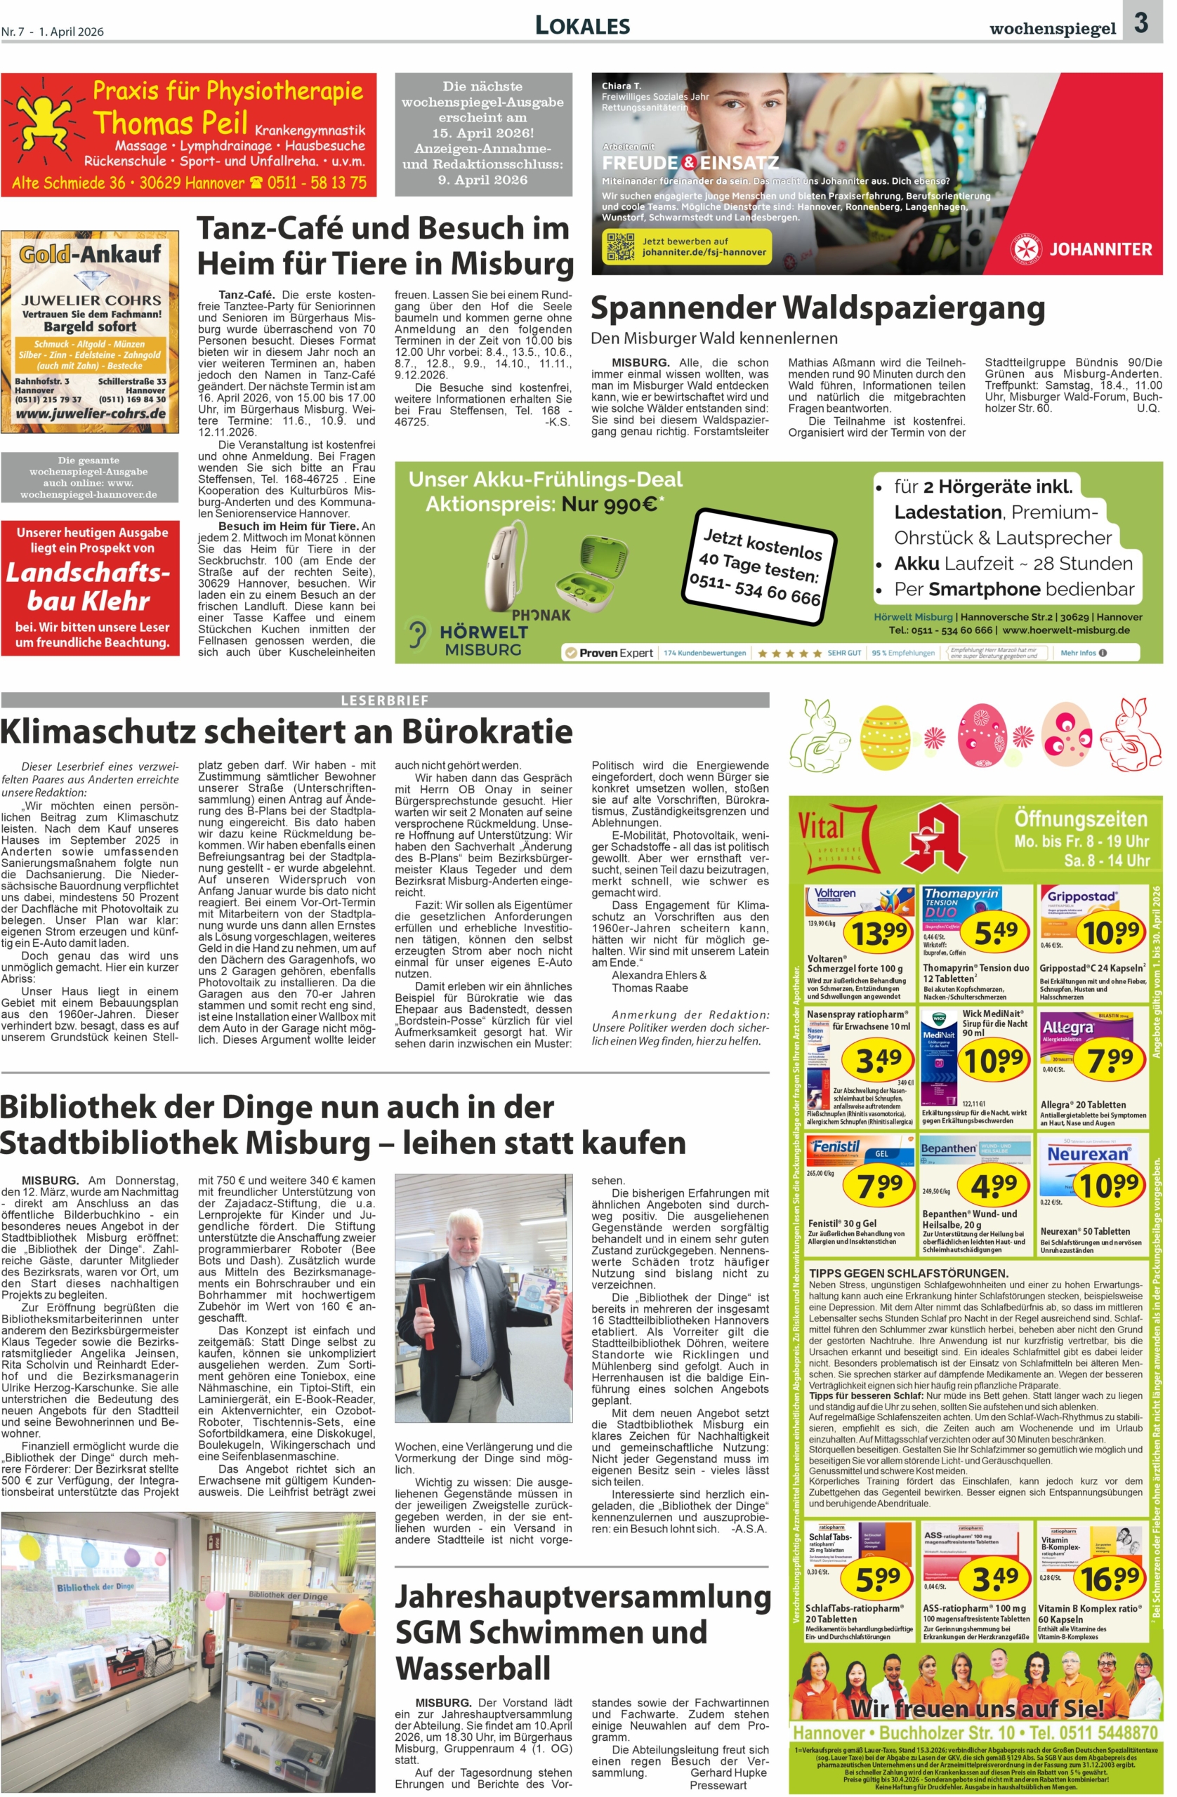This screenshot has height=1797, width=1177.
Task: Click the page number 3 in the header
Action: point(1140,23)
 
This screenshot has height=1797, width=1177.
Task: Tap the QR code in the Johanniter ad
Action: point(620,246)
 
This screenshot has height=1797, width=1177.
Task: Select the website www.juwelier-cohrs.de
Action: point(91,413)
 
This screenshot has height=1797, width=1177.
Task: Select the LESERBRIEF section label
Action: point(385,701)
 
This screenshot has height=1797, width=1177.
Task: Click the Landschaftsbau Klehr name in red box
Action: point(88,587)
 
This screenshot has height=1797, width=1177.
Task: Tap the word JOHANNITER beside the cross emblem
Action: point(1100,249)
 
